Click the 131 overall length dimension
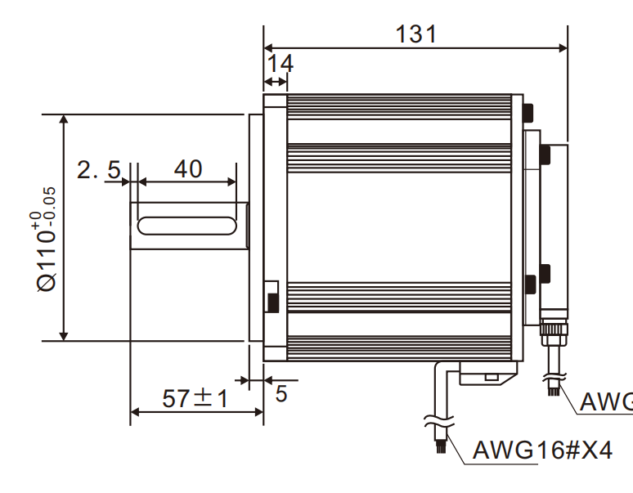point(415,34)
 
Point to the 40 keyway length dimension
point(187,169)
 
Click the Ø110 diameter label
point(47,262)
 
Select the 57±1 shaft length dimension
point(195,399)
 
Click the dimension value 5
point(281,394)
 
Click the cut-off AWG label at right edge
point(605,402)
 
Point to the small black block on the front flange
point(272,299)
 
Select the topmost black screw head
point(530,110)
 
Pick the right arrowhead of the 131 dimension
point(562,47)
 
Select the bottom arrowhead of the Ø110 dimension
point(64,335)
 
